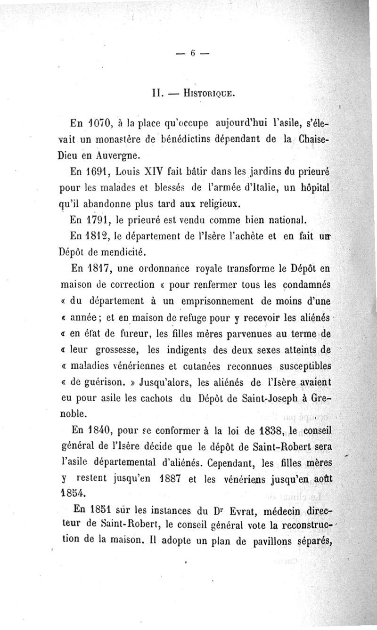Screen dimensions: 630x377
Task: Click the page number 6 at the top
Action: point(193,53)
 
